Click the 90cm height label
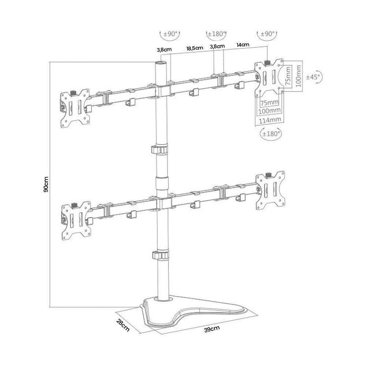pyautogui.click(x=46, y=184)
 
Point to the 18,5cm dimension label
pyautogui.click(x=194, y=48)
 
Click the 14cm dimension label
pyautogui.click(x=243, y=45)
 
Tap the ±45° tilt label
pyautogui.click(x=313, y=77)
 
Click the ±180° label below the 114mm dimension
pyautogui.click(x=271, y=134)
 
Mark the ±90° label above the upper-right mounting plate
pyautogui.click(x=267, y=34)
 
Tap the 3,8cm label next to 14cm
pyautogui.click(x=217, y=46)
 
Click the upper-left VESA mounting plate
pyautogui.click(x=75, y=109)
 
